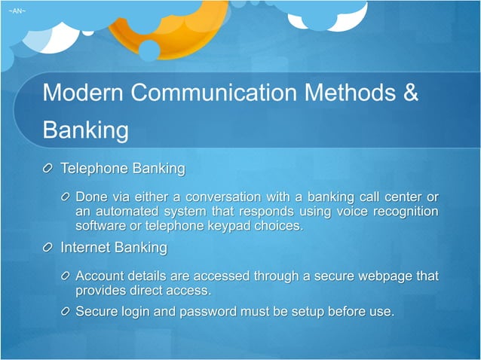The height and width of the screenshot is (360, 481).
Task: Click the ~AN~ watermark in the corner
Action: [x=16, y=11]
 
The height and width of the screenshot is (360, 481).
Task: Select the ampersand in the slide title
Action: [x=407, y=93]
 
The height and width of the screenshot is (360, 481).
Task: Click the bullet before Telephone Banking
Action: [x=49, y=167]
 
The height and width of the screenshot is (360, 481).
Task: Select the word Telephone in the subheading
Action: [x=93, y=166]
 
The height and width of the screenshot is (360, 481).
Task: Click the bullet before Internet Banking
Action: [x=49, y=248]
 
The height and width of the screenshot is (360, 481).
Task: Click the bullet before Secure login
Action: [x=66, y=311]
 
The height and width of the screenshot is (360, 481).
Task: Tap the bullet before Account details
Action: [x=66, y=276]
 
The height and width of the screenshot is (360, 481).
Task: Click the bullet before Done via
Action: [x=66, y=197]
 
